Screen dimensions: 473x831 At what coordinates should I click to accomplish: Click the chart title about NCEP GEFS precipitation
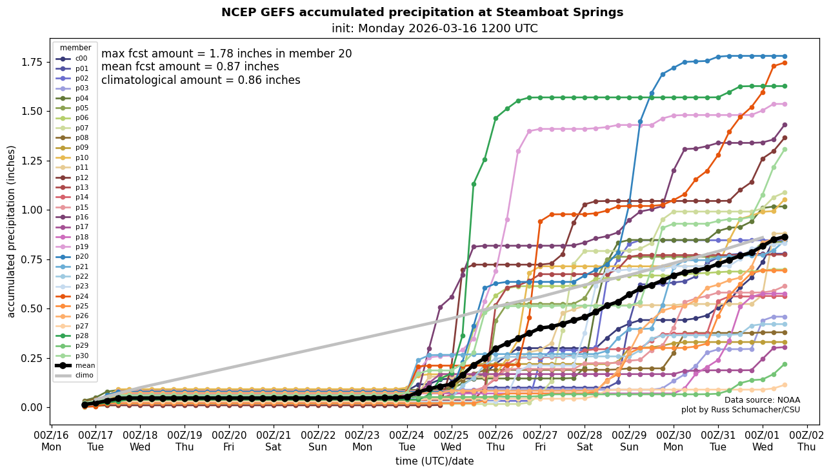(x=422, y=12)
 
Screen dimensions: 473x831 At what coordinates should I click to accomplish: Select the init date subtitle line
(x=434, y=28)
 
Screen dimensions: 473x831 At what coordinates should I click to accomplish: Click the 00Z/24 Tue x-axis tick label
(x=407, y=441)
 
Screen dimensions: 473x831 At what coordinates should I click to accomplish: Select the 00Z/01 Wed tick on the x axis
(x=763, y=441)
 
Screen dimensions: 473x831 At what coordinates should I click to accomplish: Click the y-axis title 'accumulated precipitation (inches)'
(x=11, y=231)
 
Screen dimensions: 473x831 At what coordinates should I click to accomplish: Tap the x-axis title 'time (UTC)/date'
(x=434, y=461)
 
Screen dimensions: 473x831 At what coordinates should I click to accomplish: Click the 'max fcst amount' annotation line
(x=226, y=54)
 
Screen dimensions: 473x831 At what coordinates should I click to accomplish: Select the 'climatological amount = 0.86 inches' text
(x=201, y=80)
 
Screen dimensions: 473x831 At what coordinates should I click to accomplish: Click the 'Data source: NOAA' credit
(x=762, y=400)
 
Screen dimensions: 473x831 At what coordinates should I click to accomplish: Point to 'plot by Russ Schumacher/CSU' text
(x=740, y=410)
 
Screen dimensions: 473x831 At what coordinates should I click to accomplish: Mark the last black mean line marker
(x=785, y=237)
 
